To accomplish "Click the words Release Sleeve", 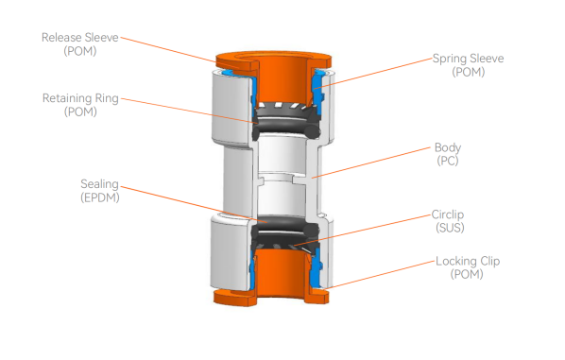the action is pos(80,38).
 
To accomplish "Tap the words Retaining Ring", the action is pos(80,98).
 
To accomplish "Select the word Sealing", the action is pos(99,184).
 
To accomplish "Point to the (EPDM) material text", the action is pos(100,197).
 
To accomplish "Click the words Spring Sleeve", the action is pos(468,59).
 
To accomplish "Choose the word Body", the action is pos(448,147).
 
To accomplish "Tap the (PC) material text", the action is pos(448,161).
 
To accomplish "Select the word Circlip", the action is pos(448,214).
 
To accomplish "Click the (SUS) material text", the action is pos(450,228).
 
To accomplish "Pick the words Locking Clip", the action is pos(468,261).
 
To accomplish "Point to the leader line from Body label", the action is pos(370,163).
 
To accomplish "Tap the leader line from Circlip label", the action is pos(363,231).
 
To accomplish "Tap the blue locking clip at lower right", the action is pos(316,270).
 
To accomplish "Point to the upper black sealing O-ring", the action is pos(286,126).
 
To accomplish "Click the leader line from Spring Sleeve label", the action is pos(373,73).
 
